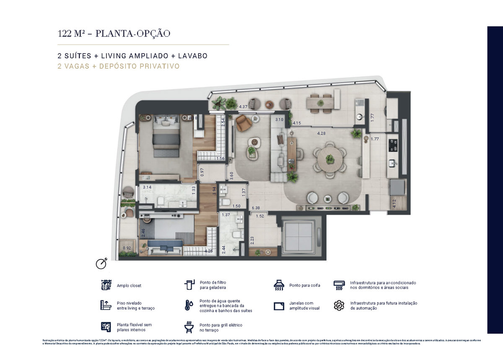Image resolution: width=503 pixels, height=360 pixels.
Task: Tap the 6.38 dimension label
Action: (255, 208)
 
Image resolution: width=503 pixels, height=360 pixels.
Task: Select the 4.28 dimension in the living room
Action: (322, 133)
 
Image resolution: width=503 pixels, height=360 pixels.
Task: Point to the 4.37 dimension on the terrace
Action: (243, 107)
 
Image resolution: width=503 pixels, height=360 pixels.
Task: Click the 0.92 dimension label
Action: (127, 248)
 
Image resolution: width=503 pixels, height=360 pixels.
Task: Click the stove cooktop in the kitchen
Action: (394, 145)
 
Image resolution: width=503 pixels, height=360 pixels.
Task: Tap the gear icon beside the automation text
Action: (339, 305)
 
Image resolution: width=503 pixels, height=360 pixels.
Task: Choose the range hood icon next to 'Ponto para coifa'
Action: (279, 285)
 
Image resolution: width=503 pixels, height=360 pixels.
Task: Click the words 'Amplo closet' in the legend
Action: (129, 286)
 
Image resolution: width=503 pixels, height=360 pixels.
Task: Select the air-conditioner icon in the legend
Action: (339, 285)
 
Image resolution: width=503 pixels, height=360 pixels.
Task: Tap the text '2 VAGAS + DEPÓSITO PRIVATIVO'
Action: (119, 66)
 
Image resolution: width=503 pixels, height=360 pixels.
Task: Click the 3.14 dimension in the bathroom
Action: (147, 187)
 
